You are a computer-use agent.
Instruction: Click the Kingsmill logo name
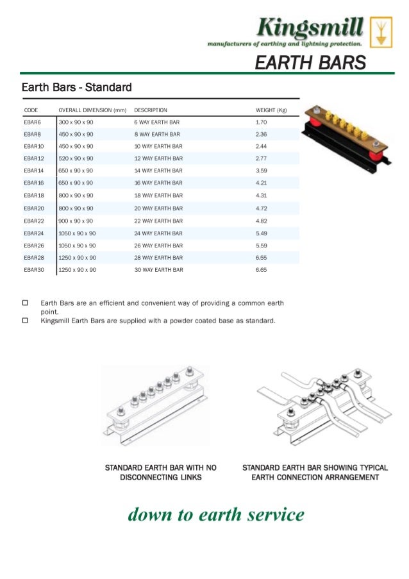(x=310, y=28)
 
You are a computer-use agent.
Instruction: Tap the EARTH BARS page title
(x=310, y=63)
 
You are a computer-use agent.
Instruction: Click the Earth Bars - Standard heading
(x=76, y=87)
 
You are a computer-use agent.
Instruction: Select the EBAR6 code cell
(x=32, y=122)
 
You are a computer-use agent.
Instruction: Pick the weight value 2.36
(x=261, y=134)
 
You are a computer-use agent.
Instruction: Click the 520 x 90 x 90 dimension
(x=76, y=158)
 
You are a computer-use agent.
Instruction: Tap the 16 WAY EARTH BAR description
(x=158, y=183)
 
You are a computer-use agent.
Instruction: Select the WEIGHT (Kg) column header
(x=271, y=110)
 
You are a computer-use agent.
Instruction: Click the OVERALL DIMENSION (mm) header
(x=92, y=110)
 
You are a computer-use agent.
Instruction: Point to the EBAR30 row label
(x=34, y=270)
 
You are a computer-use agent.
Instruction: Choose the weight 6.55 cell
(x=261, y=258)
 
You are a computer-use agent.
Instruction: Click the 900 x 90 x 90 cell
(x=76, y=221)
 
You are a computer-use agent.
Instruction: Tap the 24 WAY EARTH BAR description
(x=158, y=233)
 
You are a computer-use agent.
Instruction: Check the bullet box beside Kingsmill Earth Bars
(x=25, y=321)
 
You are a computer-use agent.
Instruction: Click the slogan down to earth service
(x=216, y=514)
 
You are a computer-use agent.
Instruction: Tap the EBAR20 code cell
(x=34, y=208)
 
